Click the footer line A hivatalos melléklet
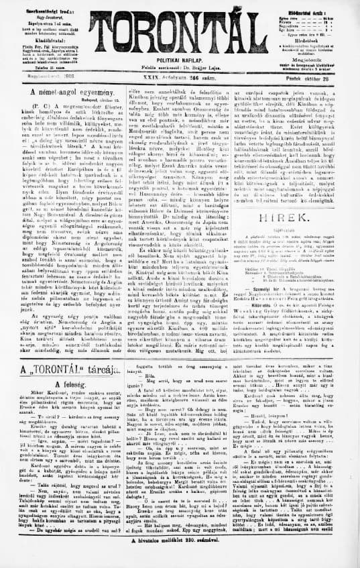(x=180, y=558)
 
